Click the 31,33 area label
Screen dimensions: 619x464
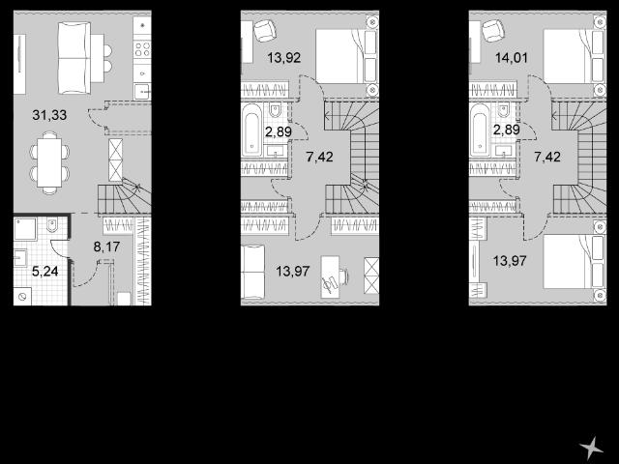click(x=49, y=115)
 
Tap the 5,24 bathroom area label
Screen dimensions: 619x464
click(x=45, y=271)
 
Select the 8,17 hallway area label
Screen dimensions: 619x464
click(x=106, y=247)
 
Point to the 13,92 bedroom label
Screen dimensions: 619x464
click(x=283, y=58)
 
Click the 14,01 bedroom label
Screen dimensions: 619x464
click(x=512, y=58)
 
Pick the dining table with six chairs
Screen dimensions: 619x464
click(x=49, y=162)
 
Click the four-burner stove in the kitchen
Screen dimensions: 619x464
click(x=142, y=49)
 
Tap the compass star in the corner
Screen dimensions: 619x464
click(x=591, y=448)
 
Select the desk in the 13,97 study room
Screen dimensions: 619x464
click(x=331, y=276)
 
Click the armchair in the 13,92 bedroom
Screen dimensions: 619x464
click(x=264, y=31)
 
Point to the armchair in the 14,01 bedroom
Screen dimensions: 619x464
click(x=492, y=31)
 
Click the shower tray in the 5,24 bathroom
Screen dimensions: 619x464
click(x=25, y=229)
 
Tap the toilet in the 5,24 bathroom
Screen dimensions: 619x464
click(x=52, y=225)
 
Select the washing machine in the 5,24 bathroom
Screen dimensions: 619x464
click(x=21, y=297)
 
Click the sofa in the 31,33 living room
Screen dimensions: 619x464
click(x=74, y=58)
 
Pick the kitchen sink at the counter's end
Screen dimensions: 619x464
click(x=142, y=92)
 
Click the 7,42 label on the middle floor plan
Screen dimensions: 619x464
click(x=319, y=157)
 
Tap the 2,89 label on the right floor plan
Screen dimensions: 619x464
click(x=507, y=130)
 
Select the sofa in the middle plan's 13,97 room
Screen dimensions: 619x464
click(x=253, y=273)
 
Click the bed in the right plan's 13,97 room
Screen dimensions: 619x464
click(x=575, y=262)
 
